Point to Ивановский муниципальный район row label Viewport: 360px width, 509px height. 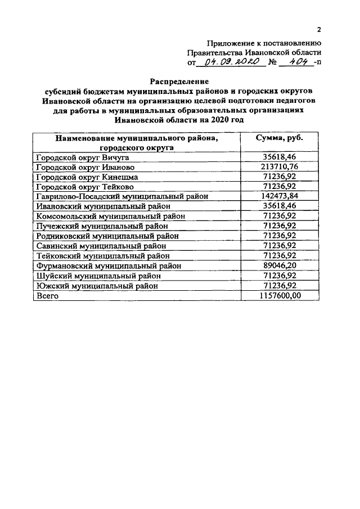pyautogui.click(x=103, y=206)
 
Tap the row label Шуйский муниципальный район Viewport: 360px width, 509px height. pyautogui.click(x=98, y=275)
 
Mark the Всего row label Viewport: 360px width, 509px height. pyautogui.click(x=47, y=295)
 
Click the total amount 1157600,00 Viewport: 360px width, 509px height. pyautogui.click(x=280, y=295)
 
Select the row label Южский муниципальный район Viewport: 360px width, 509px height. pyautogui.click(x=97, y=285)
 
